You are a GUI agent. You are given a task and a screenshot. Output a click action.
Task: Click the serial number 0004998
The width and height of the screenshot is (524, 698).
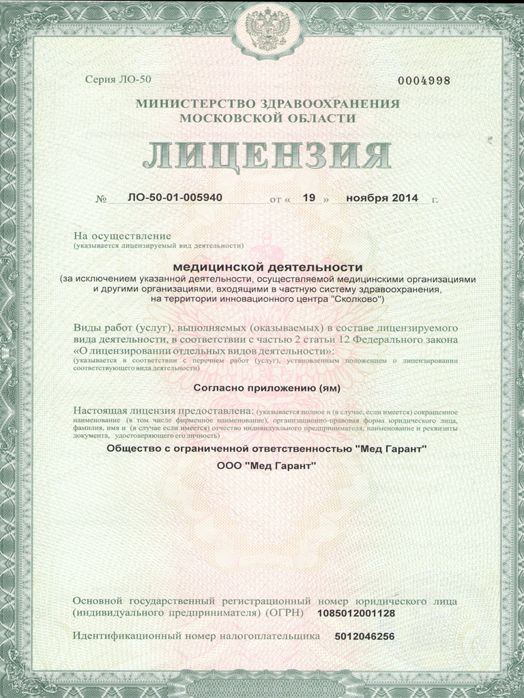[424, 80]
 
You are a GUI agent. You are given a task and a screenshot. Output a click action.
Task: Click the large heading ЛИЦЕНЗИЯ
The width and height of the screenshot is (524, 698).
[267, 157]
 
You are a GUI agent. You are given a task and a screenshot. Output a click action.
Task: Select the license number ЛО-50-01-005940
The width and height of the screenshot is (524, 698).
[175, 198]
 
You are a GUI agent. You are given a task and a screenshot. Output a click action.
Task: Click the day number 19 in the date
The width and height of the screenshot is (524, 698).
[308, 198]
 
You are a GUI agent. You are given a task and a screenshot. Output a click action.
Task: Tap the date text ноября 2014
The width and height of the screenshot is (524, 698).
[382, 198]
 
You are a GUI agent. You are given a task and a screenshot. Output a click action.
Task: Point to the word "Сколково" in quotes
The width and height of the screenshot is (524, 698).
[358, 299]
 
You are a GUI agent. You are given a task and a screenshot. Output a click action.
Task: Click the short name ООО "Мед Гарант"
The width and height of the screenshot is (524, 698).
[267, 466]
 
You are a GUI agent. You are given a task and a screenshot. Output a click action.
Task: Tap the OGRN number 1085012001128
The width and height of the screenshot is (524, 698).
[356, 613]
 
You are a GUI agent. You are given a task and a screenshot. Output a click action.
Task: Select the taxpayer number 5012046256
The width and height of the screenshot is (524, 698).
[364, 636]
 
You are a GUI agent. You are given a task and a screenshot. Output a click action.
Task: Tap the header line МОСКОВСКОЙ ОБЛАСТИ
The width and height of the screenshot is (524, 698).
[267, 117]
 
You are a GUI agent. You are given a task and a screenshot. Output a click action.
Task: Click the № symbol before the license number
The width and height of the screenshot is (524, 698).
[102, 200]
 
